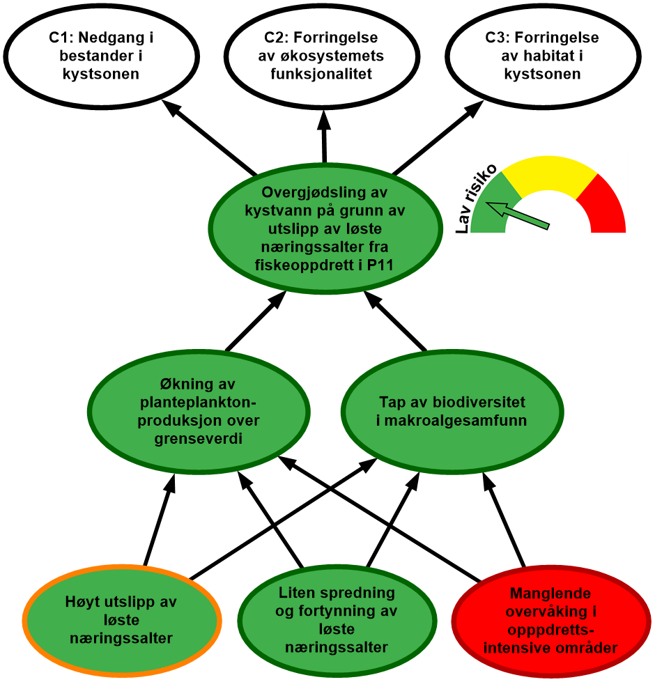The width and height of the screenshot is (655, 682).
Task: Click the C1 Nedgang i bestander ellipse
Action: click(x=102, y=56)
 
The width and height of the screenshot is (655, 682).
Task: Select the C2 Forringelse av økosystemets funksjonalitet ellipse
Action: click(x=325, y=56)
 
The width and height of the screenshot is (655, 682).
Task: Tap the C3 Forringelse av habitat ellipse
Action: click(x=542, y=56)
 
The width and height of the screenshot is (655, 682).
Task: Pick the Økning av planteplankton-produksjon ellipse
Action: click(x=199, y=414)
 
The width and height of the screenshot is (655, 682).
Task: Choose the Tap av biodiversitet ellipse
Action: click(x=452, y=412)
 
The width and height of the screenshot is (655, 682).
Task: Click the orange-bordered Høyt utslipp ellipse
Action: click(x=122, y=619)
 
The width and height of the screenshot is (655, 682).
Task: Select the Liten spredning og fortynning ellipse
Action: click(x=337, y=620)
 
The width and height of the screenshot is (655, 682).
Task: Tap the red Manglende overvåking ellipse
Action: click(x=550, y=621)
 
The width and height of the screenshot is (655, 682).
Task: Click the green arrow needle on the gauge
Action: click(x=519, y=215)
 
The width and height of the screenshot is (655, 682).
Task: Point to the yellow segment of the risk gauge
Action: click(x=550, y=174)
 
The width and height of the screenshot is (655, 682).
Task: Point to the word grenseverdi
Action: click(x=199, y=440)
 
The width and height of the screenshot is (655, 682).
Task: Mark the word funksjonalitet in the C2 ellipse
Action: click(x=324, y=74)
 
